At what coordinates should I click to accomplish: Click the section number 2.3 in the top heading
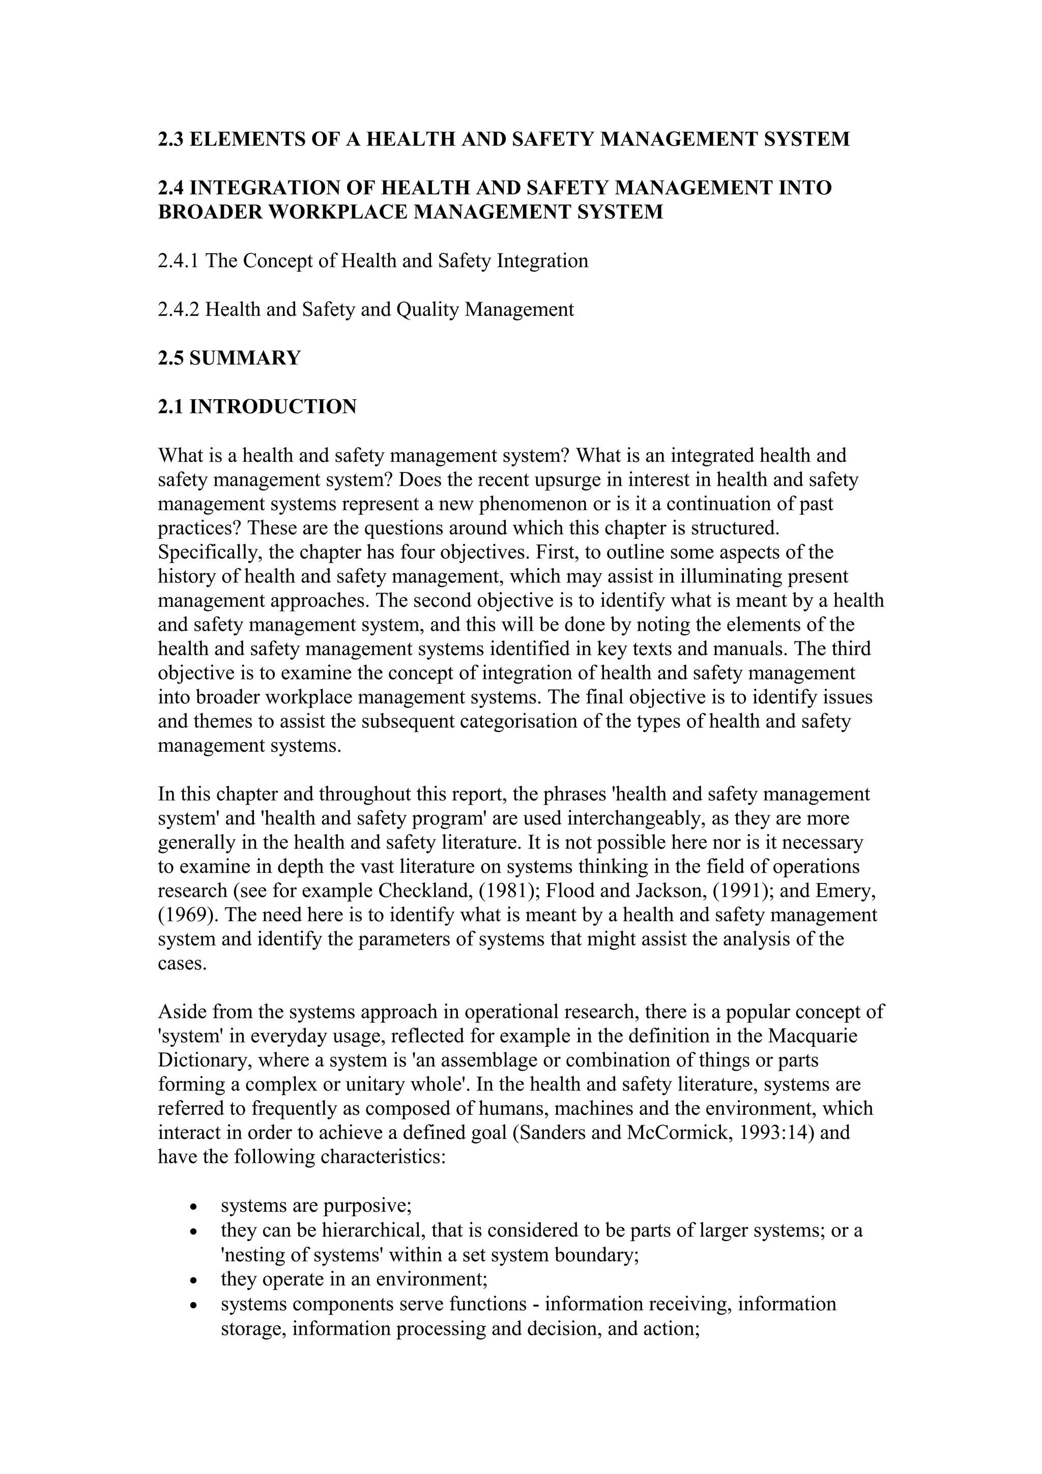[x=171, y=139]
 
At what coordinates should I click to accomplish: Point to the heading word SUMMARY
[x=245, y=358]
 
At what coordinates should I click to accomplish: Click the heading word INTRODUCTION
[x=273, y=406]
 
